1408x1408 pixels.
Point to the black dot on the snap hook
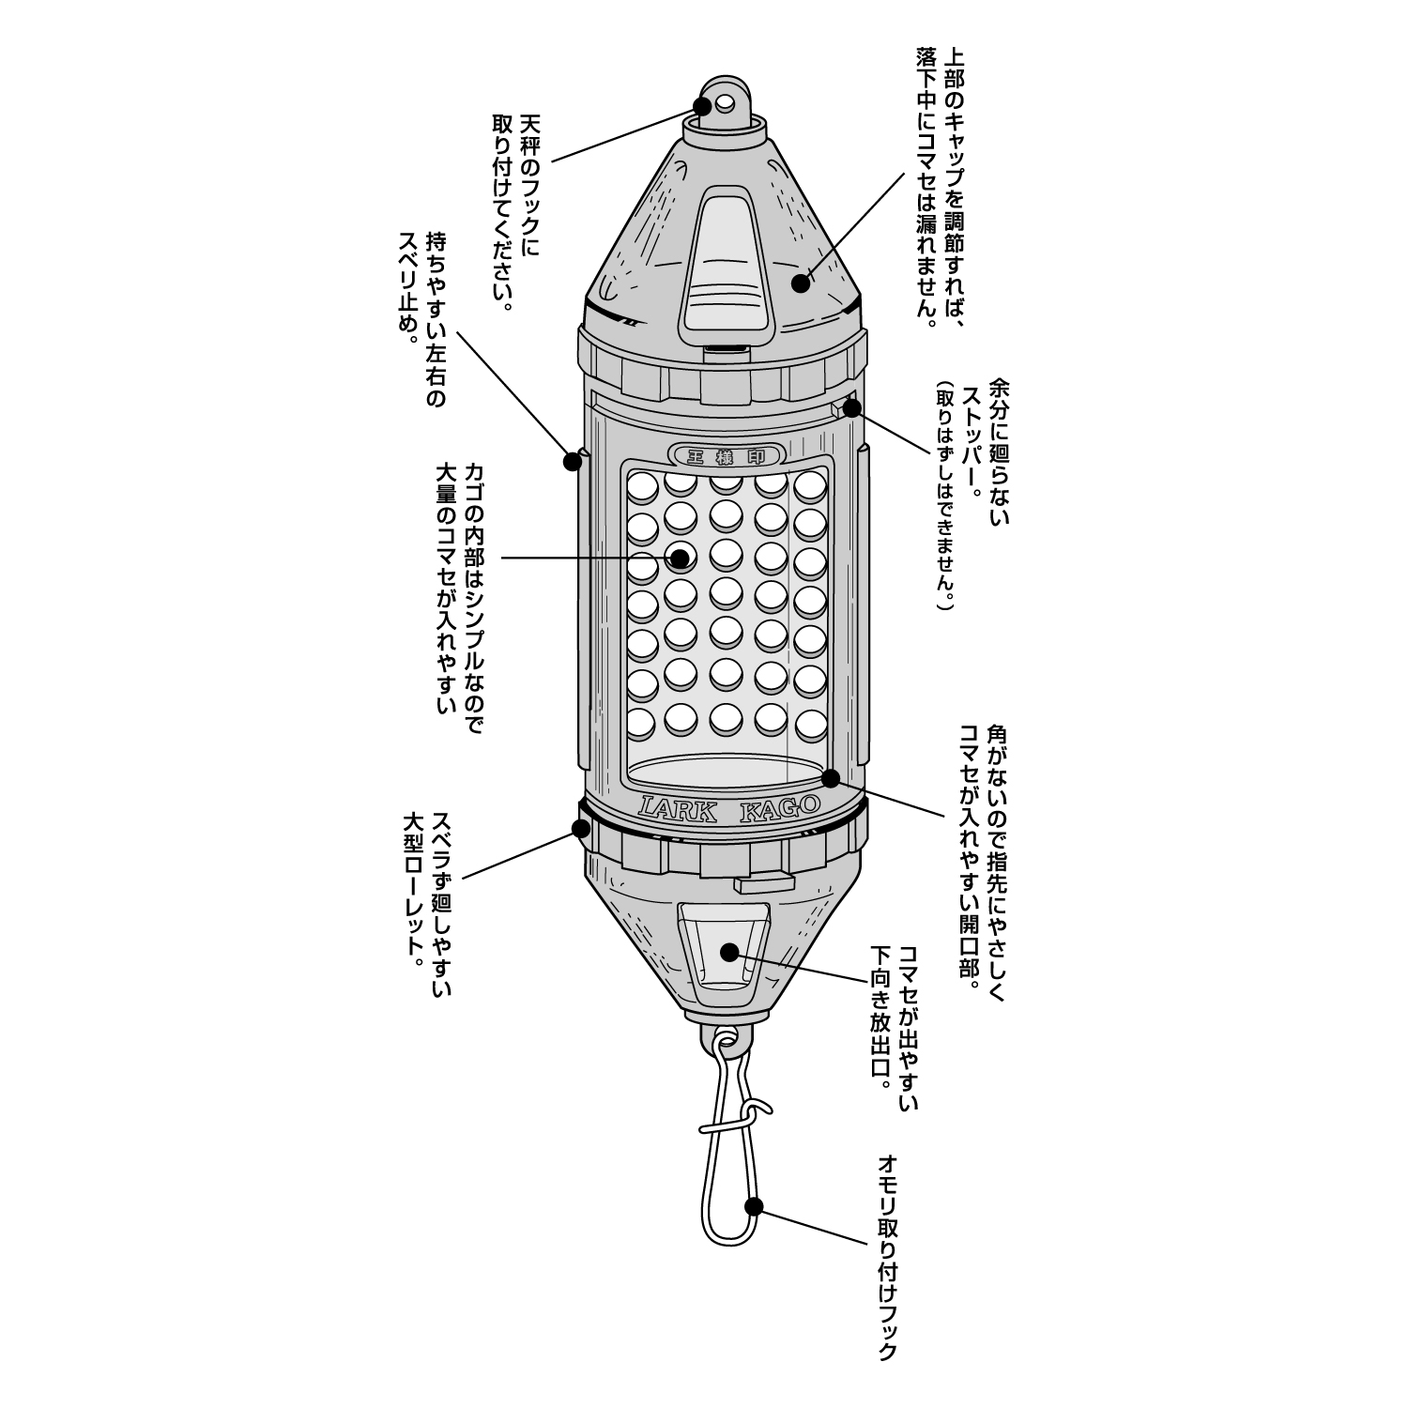click(x=753, y=1207)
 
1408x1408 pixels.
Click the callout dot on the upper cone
click(x=800, y=282)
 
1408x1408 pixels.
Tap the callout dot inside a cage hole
click(x=680, y=559)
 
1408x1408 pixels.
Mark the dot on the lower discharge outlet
click(x=729, y=951)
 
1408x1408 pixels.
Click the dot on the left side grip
click(x=572, y=461)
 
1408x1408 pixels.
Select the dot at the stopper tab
click(x=851, y=407)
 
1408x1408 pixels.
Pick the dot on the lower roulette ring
click(x=580, y=829)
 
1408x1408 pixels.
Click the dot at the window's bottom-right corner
click(x=831, y=777)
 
